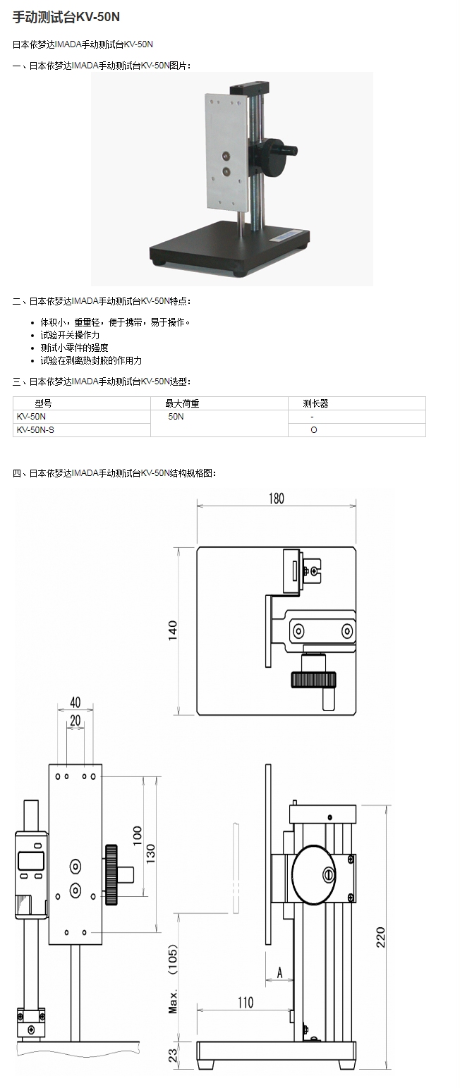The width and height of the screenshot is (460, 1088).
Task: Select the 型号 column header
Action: [x=43, y=404]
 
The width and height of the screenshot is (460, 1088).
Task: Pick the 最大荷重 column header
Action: [x=182, y=404]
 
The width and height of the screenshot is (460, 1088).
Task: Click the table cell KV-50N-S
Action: [x=35, y=429]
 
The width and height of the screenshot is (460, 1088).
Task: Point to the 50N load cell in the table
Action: [x=176, y=417]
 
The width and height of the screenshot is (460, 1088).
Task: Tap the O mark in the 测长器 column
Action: [x=314, y=429]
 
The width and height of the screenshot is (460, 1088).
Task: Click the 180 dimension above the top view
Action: [x=276, y=499]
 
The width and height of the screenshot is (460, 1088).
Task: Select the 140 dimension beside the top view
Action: [x=174, y=630]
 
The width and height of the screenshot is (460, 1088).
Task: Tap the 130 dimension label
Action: [x=150, y=853]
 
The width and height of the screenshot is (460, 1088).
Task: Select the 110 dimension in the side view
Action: [x=245, y=1002]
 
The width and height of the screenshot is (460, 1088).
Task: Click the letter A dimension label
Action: [x=279, y=973]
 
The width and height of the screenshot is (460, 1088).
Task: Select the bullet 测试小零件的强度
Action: [x=74, y=348]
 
